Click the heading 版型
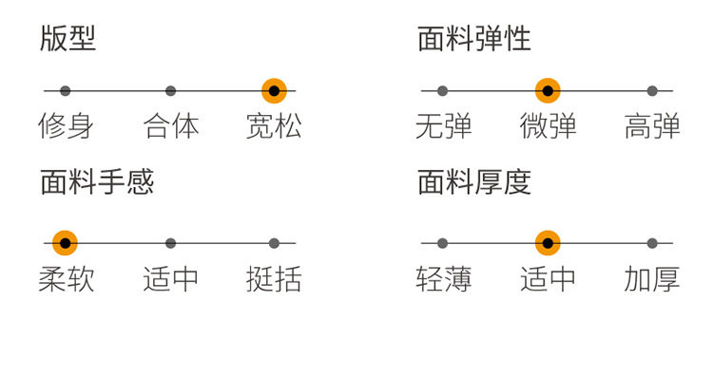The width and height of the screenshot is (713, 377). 67,39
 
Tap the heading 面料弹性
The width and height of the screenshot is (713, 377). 473,39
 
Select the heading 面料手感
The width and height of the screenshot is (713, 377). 96,181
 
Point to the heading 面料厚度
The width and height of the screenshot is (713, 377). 473,181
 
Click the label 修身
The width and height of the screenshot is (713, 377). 66,126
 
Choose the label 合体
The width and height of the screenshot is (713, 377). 171,126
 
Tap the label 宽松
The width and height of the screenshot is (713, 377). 274,126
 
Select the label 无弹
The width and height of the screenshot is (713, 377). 443,126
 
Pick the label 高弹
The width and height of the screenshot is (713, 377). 652,126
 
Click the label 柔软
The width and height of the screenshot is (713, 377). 66,279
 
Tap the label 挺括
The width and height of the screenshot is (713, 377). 274,279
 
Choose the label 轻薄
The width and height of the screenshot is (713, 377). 443,279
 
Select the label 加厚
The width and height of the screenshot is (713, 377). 652,279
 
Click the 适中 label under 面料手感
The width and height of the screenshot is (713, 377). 171,279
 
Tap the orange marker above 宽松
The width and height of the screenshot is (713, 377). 274,91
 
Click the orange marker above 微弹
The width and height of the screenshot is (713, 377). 547,91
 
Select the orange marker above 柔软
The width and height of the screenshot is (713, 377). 65,243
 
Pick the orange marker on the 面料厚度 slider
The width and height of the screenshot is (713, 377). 547,243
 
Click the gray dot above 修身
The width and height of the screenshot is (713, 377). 65,91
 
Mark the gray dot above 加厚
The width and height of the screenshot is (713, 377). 652,243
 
